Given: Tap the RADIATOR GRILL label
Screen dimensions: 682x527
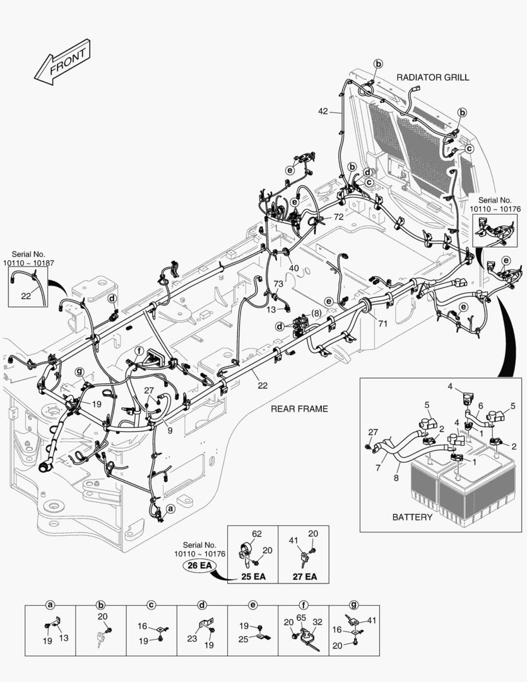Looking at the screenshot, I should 432,77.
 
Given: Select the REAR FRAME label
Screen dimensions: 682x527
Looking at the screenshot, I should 299,409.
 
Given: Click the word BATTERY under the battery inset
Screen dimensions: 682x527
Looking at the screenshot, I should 412,517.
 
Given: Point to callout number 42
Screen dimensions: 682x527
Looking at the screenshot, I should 323,111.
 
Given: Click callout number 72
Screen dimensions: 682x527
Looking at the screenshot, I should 338,217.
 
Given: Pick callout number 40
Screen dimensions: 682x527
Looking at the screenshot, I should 294,268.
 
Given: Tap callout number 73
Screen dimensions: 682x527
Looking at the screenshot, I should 278,285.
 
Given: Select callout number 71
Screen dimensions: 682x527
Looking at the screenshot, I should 382,324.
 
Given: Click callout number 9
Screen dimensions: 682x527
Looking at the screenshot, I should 170,431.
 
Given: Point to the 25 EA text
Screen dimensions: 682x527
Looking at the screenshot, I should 252,577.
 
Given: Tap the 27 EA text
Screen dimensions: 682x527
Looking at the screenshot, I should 304,577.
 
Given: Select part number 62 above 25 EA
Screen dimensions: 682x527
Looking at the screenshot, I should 257,534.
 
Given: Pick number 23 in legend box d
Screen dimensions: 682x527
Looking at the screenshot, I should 192,638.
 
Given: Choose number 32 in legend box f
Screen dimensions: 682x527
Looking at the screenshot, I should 317,622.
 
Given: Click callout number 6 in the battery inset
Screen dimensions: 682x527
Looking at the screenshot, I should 480,405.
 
